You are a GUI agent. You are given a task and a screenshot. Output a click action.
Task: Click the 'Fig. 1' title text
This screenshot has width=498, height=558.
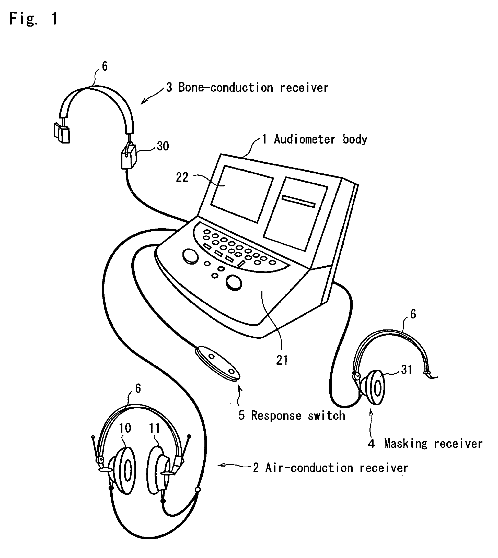[x=33, y=19]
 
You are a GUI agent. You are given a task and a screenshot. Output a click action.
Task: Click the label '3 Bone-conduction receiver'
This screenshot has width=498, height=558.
[x=247, y=88]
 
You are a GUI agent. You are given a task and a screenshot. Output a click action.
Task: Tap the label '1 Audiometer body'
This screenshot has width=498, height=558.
[x=314, y=139]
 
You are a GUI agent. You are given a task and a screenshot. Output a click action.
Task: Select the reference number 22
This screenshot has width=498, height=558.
[x=182, y=177]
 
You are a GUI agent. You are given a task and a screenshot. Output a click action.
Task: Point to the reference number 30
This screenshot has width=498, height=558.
[x=163, y=146]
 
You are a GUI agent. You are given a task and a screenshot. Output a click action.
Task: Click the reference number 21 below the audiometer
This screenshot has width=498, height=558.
[x=282, y=360]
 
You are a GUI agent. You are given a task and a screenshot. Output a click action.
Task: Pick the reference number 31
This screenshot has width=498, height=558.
[x=407, y=370]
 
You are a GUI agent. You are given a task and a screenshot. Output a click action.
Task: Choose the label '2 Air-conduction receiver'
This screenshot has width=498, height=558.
[x=330, y=468]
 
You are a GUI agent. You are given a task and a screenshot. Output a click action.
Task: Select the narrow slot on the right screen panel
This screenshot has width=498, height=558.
[x=298, y=201]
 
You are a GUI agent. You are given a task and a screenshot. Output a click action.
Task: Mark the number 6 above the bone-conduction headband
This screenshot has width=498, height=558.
[x=105, y=66]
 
